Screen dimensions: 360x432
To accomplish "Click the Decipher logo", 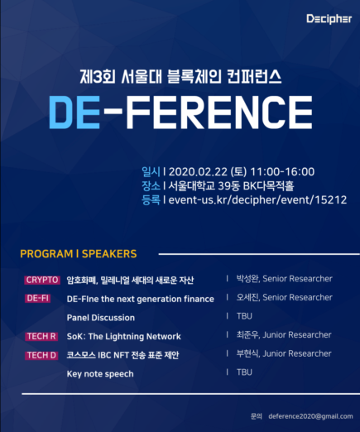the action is (329, 19).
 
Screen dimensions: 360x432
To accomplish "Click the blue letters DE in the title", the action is (74, 113).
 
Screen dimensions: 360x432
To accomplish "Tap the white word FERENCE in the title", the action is (219, 113).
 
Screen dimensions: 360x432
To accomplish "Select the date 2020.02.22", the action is (197, 172).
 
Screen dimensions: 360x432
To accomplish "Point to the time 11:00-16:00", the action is (282, 172).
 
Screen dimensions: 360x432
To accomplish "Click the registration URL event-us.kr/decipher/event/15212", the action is (257, 200).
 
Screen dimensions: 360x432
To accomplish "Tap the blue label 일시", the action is (151, 171).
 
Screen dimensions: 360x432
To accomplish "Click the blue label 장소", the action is (151, 185).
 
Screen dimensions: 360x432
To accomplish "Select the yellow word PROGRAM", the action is (46, 254).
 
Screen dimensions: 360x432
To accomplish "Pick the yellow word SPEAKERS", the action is (109, 254).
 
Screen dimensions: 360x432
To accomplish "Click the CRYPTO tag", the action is (42, 280).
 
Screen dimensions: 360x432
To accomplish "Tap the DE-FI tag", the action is (37, 298).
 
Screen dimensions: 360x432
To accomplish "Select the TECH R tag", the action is (41, 336).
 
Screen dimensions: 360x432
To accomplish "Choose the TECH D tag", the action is (41, 355).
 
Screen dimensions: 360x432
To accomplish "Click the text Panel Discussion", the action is (101, 318).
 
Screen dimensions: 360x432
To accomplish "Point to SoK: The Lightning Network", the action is (124, 337).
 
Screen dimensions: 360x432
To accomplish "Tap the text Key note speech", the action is (100, 374).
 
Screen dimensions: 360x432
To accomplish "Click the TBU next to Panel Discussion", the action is (244, 316).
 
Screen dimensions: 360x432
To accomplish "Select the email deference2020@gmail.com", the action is (310, 416).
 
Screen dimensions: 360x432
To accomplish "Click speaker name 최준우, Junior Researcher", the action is (284, 335).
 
